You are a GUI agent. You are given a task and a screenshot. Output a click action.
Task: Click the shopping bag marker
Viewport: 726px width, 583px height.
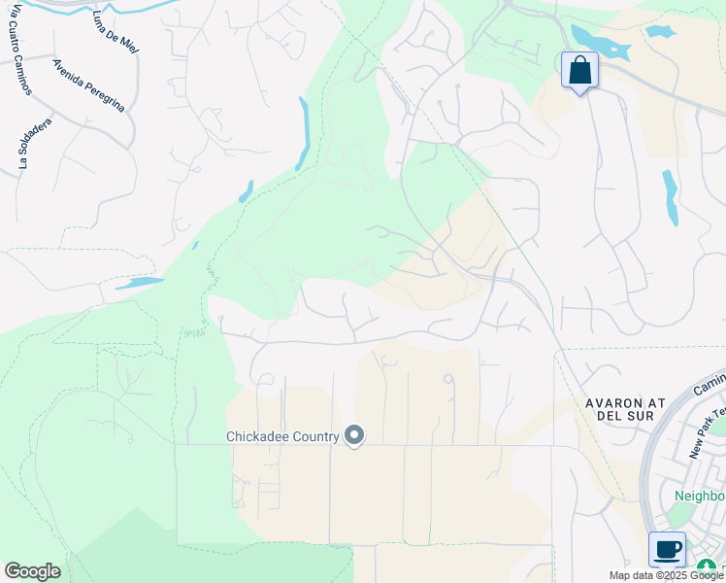coord(579,71)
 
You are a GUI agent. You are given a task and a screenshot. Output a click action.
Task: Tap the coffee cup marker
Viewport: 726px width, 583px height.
coord(667,550)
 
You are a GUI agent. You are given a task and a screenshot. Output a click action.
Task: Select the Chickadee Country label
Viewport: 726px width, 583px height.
coord(281,436)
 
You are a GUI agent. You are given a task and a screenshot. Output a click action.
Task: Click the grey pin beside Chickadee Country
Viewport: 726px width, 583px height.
coord(354,436)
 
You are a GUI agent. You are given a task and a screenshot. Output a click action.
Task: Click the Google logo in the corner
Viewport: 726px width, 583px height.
coord(32,571)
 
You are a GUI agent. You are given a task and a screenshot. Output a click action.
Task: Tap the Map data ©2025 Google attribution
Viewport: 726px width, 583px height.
coord(667,575)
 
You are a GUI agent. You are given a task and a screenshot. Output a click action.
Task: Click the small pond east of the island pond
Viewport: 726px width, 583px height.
coord(660,31)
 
